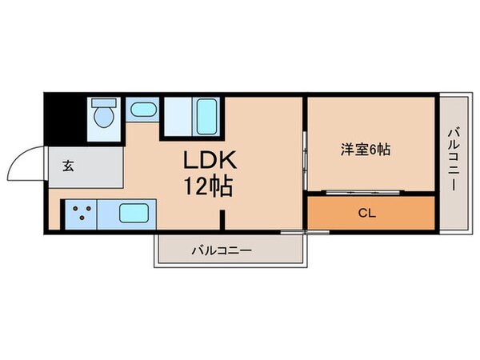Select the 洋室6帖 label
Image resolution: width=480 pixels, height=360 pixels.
tap(366, 149)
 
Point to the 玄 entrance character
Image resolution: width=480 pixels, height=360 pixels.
tap(68, 167)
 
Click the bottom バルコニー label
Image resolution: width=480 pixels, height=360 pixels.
tap(222, 250)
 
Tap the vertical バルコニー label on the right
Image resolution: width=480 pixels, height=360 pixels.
tap(452, 158)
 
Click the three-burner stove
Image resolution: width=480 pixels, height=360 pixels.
tap(80, 213)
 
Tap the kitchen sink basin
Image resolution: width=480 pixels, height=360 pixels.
tap(137, 213)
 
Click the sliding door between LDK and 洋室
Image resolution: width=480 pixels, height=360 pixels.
tap(305, 152)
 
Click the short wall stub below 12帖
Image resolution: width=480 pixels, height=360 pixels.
tap(223, 218)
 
